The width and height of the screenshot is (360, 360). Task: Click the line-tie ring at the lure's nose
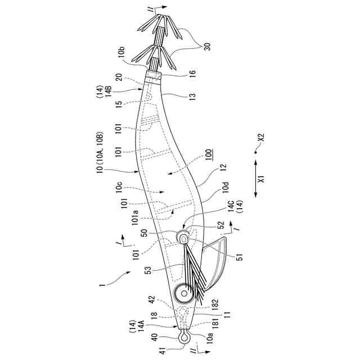coord(183,337)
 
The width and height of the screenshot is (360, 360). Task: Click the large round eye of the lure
coord(183,292)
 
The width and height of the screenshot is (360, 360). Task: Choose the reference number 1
coord(102,285)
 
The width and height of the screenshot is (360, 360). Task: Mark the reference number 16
coord(191,73)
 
